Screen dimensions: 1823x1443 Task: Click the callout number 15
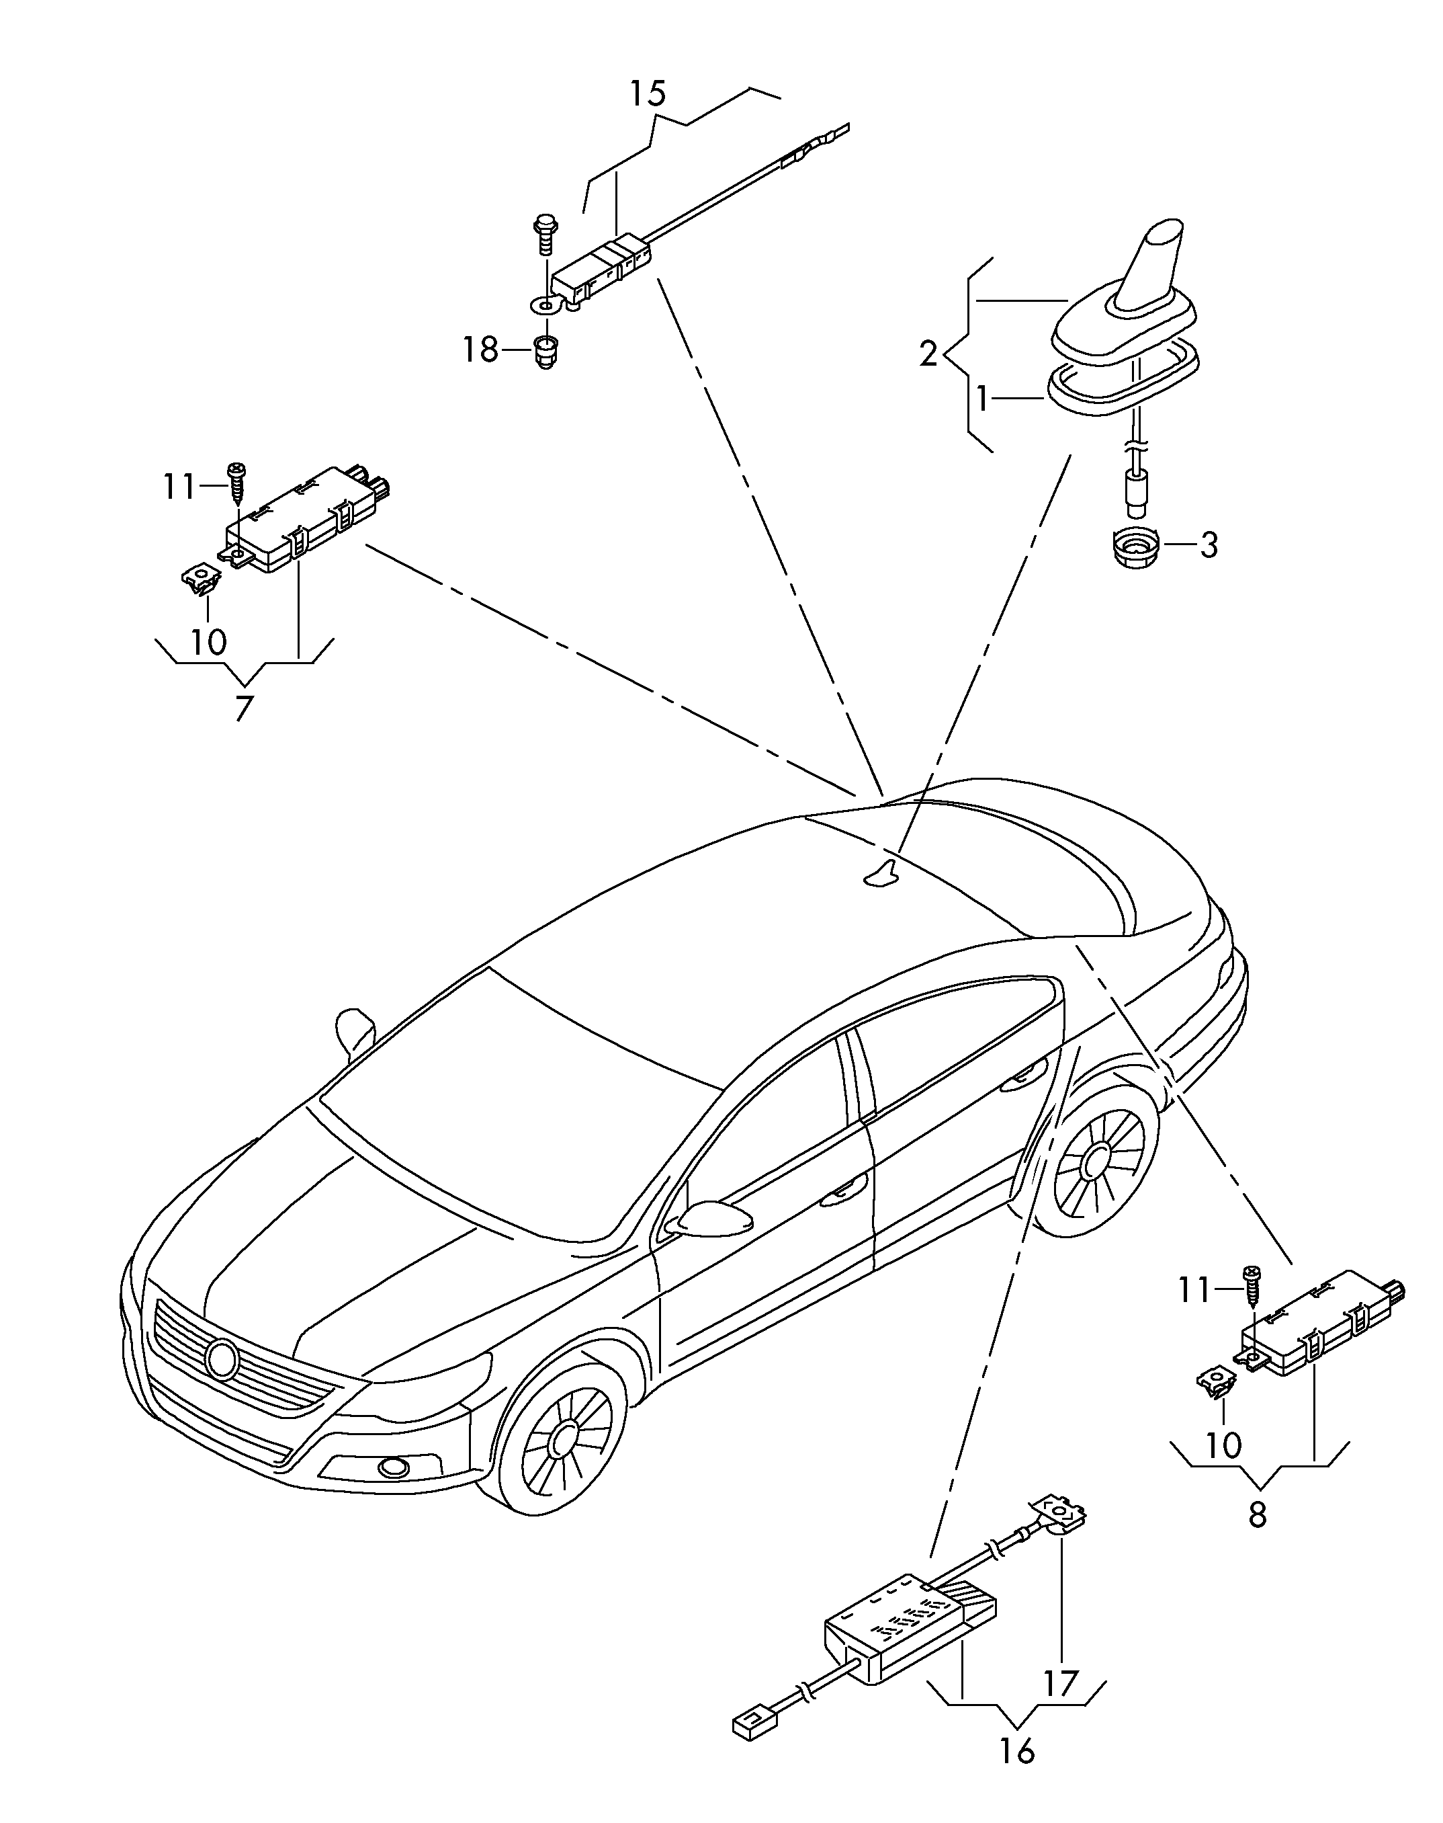click(647, 93)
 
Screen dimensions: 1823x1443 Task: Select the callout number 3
click(1209, 545)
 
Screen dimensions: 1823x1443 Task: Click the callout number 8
click(1257, 1514)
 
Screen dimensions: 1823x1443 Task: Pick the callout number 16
click(1017, 1750)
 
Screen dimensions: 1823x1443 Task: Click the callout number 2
click(928, 354)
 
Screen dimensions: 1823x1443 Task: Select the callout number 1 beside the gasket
click(983, 399)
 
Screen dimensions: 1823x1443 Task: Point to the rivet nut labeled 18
click(545, 354)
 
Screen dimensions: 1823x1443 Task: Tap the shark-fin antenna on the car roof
click(881, 875)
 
